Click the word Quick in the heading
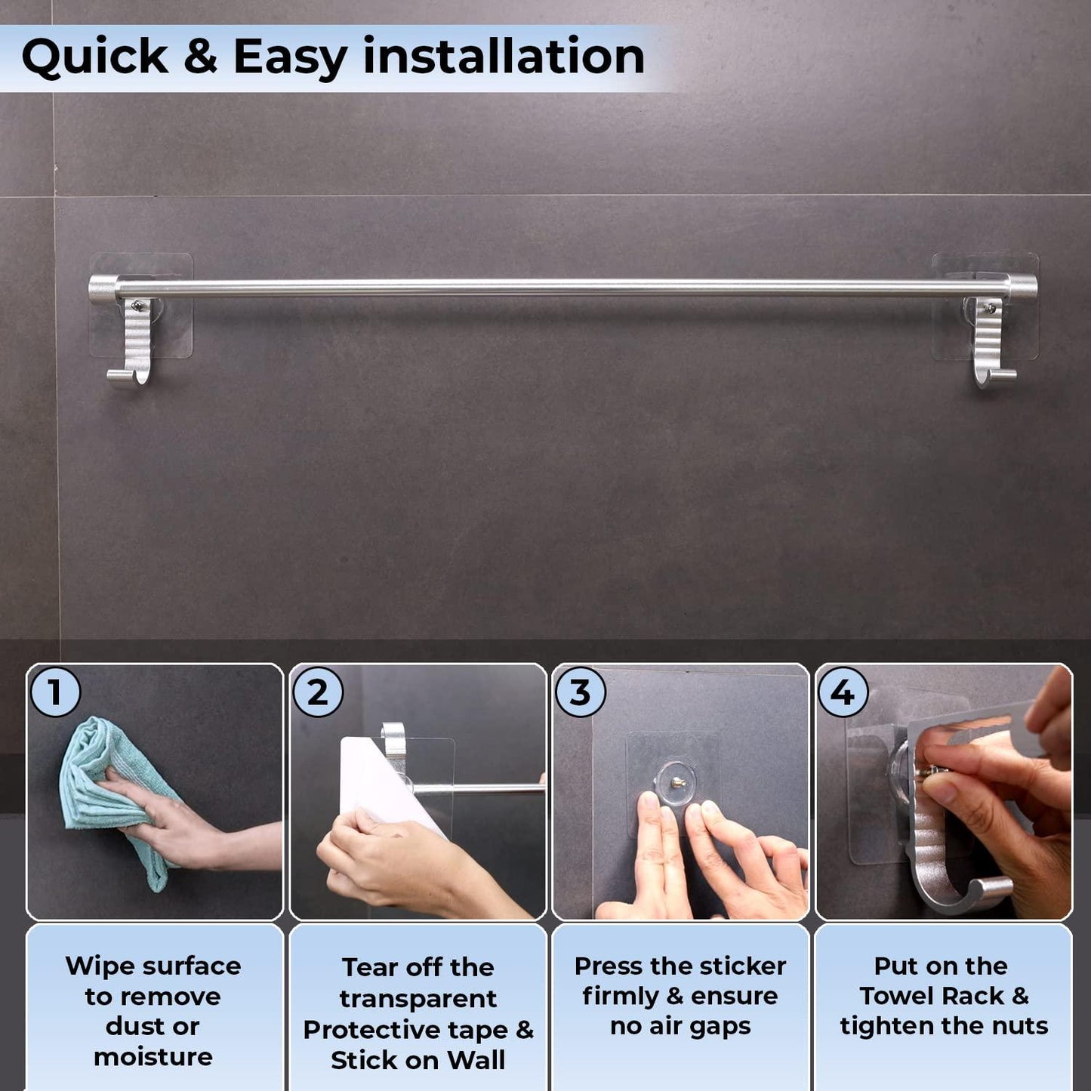(94, 57)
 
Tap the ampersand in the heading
(200, 57)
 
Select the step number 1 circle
(55, 692)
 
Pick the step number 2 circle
(318, 692)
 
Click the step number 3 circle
(581, 692)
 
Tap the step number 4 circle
(843, 692)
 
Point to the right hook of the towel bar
(994, 345)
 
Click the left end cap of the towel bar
(103, 289)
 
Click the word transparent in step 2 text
(418, 1000)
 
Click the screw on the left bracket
(137, 306)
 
